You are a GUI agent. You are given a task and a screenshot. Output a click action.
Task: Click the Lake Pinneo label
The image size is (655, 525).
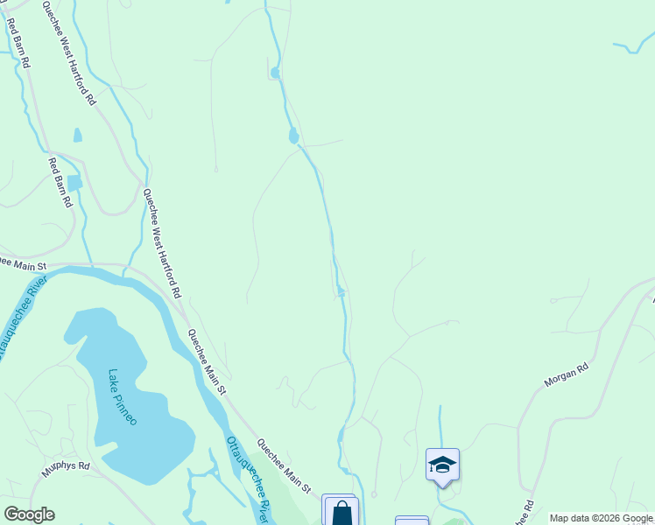(123, 396)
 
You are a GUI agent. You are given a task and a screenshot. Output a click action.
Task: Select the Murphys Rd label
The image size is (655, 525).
(66, 470)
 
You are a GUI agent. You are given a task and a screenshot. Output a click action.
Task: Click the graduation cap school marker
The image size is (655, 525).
(442, 465)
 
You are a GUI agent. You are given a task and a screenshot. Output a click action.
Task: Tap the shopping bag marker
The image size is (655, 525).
(342, 514)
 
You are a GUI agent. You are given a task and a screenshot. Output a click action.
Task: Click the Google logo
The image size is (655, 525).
(29, 514)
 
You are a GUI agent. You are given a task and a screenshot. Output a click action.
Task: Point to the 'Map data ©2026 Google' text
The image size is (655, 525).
(601, 518)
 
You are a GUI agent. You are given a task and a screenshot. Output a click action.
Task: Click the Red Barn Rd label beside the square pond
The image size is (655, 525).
(60, 181)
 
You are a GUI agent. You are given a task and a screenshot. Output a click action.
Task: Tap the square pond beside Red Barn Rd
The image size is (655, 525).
(74, 183)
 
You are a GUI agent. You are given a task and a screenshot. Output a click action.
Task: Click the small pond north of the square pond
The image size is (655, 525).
(78, 136)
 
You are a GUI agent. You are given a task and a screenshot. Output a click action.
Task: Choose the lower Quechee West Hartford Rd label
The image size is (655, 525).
(162, 242)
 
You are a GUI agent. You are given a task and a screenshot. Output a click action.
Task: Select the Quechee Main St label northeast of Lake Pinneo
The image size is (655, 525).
(207, 360)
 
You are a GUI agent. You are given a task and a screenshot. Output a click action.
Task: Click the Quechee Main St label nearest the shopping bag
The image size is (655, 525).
(284, 467)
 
